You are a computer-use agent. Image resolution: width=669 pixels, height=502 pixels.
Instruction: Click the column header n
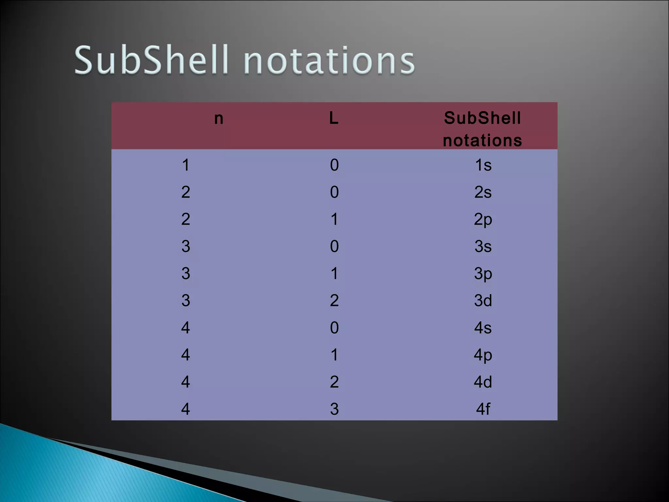tap(219, 119)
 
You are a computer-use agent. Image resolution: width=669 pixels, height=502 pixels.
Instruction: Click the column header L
tap(334, 118)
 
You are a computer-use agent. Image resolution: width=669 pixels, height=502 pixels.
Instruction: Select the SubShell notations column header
tap(482, 129)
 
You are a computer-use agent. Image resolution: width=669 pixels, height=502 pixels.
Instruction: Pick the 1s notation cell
tap(483, 165)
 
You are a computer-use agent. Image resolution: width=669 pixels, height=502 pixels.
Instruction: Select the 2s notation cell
tap(483, 192)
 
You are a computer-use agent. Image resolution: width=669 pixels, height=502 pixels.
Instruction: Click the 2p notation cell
tap(483, 220)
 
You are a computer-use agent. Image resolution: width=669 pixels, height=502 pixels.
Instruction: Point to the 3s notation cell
tap(483, 246)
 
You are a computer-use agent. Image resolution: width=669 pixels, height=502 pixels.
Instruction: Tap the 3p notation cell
tap(483, 274)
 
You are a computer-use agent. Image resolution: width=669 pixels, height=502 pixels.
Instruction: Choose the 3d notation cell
tap(483, 301)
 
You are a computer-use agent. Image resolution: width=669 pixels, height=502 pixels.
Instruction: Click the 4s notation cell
tap(483, 328)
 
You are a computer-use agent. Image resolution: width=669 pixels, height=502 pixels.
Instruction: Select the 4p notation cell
tap(483, 355)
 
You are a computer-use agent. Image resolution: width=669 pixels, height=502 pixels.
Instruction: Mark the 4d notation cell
tap(483, 382)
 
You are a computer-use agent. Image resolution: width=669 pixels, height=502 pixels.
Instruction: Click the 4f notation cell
tap(483, 409)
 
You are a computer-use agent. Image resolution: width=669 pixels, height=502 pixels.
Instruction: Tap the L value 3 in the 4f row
tap(334, 409)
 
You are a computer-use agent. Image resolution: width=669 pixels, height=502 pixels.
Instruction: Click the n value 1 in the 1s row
tap(186, 165)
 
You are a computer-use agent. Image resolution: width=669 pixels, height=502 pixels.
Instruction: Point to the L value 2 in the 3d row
tap(334, 301)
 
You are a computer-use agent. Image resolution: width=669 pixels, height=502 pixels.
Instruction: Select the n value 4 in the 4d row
tap(186, 382)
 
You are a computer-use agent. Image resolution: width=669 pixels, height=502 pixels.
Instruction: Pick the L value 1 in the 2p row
tap(334, 219)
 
